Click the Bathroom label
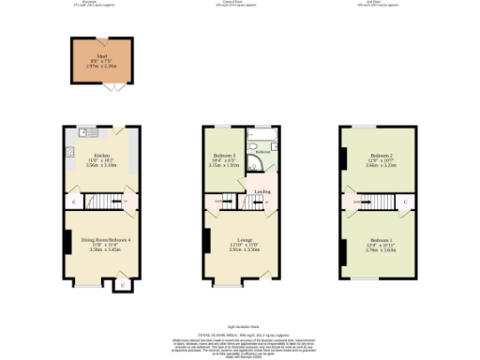coord(262,150)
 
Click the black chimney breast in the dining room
coord(67,242)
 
